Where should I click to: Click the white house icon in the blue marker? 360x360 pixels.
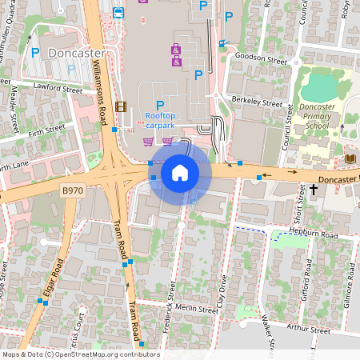pos(180,173)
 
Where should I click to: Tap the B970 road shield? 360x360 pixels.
pos(73,191)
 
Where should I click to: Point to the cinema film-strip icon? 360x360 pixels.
pos(121,106)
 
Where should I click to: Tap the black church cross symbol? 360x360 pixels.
pos(313,190)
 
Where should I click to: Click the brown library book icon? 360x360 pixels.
pos(350,159)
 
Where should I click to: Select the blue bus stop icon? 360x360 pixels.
pos(118,13)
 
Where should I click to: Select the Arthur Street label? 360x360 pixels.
pos(308,329)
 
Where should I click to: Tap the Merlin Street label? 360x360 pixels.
pos(196,309)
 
